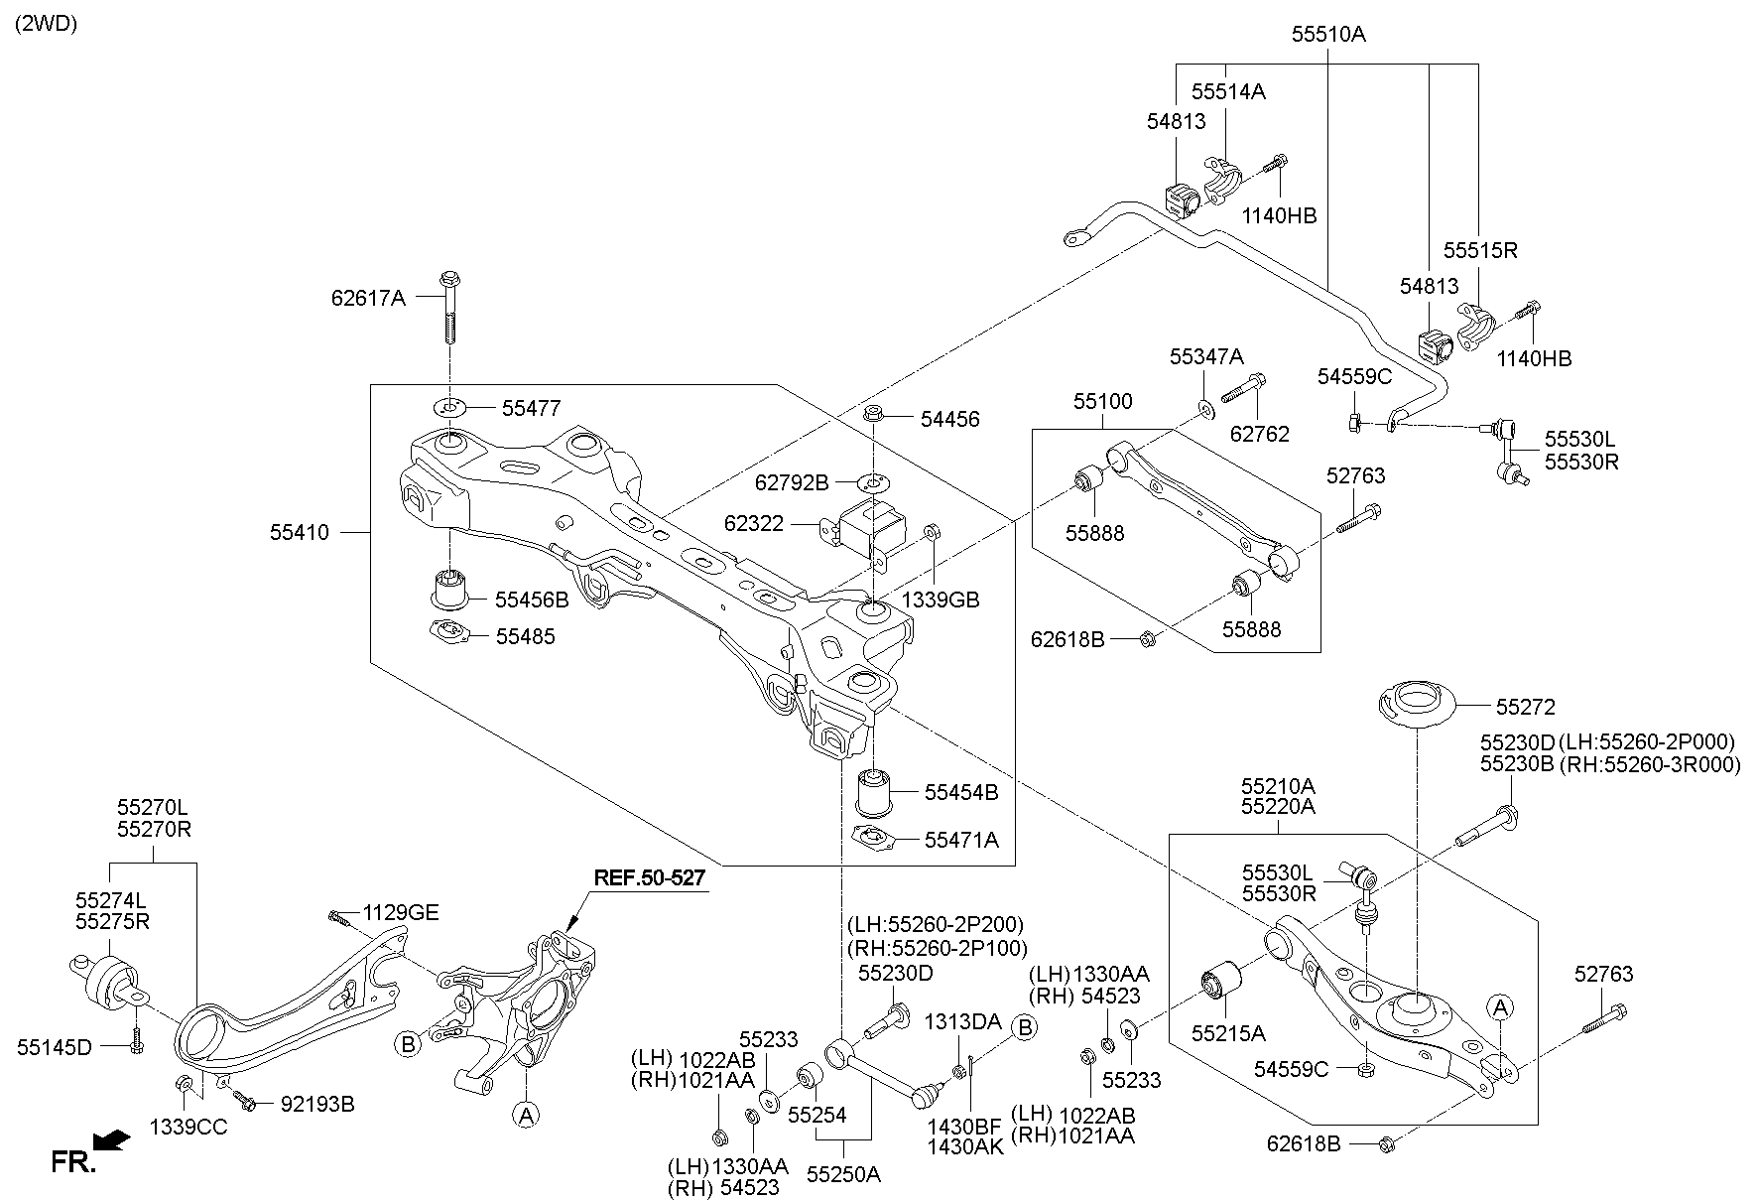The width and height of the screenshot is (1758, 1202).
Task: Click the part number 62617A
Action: tap(368, 297)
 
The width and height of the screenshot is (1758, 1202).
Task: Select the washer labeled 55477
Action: tap(449, 407)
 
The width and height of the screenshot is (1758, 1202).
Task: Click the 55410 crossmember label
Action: tap(299, 533)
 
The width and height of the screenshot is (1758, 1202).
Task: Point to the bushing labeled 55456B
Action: tap(451, 588)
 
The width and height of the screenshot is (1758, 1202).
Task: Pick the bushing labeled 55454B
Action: tap(875, 789)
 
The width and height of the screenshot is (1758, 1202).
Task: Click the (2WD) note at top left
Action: tap(46, 24)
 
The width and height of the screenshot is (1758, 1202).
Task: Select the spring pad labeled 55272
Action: tap(1416, 706)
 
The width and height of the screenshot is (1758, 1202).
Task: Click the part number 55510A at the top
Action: tap(1327, 35)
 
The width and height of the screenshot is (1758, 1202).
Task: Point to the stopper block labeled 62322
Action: tap(871, 526)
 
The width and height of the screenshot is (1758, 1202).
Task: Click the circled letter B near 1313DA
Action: tap(1025, 1028)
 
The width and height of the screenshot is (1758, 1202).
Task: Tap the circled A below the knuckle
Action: tap(527, 1115)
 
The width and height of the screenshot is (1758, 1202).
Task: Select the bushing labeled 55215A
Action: tap(1221, 982)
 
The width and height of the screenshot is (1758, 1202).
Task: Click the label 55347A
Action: tap(1205, 356)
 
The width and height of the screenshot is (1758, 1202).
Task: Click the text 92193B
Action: tap(316, 1104)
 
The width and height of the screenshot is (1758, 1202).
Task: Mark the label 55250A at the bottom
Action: tap(842, 1174)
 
